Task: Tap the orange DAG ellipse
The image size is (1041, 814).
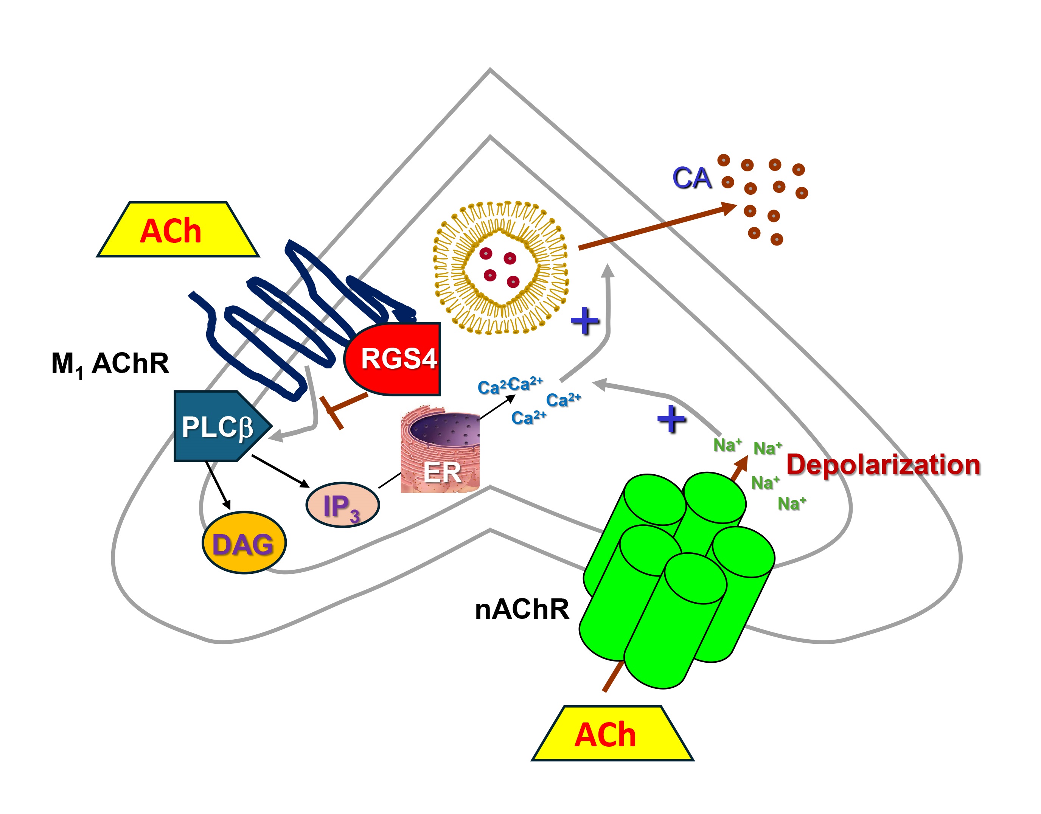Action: point(244,543)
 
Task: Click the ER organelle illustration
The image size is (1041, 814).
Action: point(440,450)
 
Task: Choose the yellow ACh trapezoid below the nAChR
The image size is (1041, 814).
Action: point(612,734)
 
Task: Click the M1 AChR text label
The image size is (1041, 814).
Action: point(110,364)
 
